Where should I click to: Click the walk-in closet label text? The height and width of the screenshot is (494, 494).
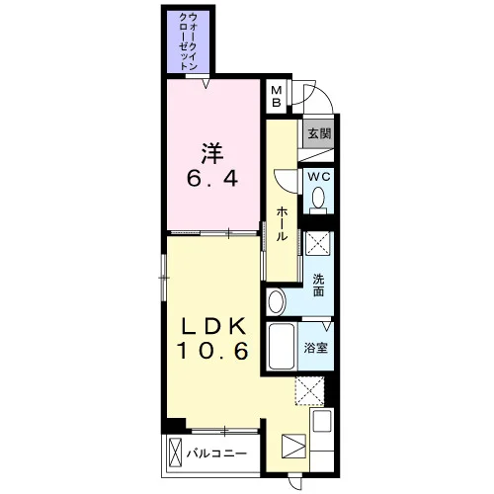[x=189, y=41]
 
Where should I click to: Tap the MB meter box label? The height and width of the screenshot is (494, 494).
[x=277, y=96]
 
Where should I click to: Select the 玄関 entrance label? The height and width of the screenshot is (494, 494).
[x=319, y=133]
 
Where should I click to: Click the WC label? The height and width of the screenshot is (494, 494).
[x=319, y=177]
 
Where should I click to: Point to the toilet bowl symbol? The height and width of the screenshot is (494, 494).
[x=318, y=200]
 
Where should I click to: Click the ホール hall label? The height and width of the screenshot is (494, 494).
[x=282, y=224]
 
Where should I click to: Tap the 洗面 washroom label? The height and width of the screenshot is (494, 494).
[x=318, y=286]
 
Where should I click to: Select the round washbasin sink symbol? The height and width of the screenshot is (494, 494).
[x=277, y=301]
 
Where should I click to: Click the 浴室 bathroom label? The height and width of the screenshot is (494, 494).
[x=315, y=348]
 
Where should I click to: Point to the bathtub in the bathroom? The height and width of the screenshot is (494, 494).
[x=282, y=346]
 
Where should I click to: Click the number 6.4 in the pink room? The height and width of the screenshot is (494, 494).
[x=212, y=179]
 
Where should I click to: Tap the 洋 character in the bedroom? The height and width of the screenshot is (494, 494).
[x=212, y=153]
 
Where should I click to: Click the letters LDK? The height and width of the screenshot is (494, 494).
[x=212, y=326]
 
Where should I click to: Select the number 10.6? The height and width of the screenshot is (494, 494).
[x=212, y=351]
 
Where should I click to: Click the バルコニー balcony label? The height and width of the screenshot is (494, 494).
[x=216, y=453]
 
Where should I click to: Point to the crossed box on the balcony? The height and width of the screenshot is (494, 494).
[x=175, y=452]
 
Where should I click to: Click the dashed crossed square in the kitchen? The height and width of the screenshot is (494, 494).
[x=310, y=391]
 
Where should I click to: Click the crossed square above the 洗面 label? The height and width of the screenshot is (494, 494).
[x=317, y=244]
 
